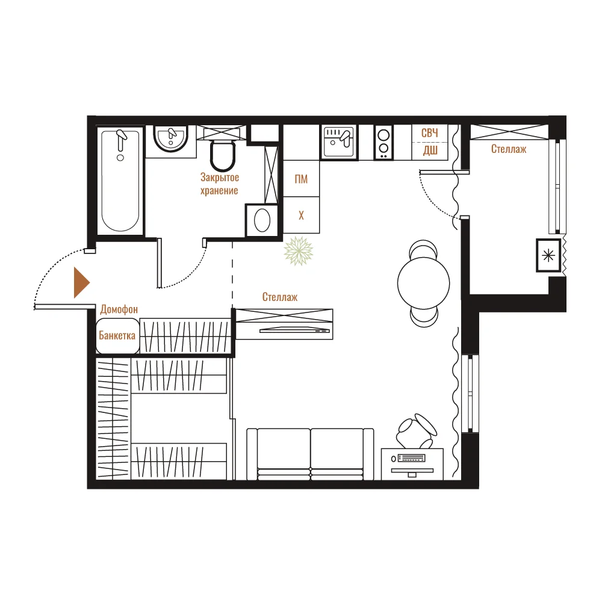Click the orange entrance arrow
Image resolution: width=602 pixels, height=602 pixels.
point(81,282)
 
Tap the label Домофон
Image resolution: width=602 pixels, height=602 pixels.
point(119,309)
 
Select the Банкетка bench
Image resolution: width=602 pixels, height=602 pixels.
point(117,335)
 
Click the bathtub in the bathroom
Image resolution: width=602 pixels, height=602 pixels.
point(120,181)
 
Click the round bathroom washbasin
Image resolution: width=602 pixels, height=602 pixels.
point(170,138)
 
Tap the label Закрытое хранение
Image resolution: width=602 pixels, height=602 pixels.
point(220,184)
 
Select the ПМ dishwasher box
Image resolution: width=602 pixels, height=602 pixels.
point(302,179)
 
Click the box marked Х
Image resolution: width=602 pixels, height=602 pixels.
point(302,215)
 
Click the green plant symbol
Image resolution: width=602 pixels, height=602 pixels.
point(299,251)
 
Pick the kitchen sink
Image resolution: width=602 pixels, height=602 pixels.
point(338,142)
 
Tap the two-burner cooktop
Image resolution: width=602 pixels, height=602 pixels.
point(383,142)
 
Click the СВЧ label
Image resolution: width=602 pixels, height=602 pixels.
point(430,133)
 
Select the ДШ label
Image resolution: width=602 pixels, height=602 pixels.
point(430,150)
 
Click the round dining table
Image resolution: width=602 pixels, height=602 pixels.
point(423,284)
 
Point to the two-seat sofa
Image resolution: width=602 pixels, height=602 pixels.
point(310,454)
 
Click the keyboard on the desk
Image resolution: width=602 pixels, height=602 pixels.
point(412,458)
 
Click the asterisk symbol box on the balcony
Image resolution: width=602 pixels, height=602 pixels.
point(548,255)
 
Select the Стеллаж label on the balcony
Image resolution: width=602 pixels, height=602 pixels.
point(509,149)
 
